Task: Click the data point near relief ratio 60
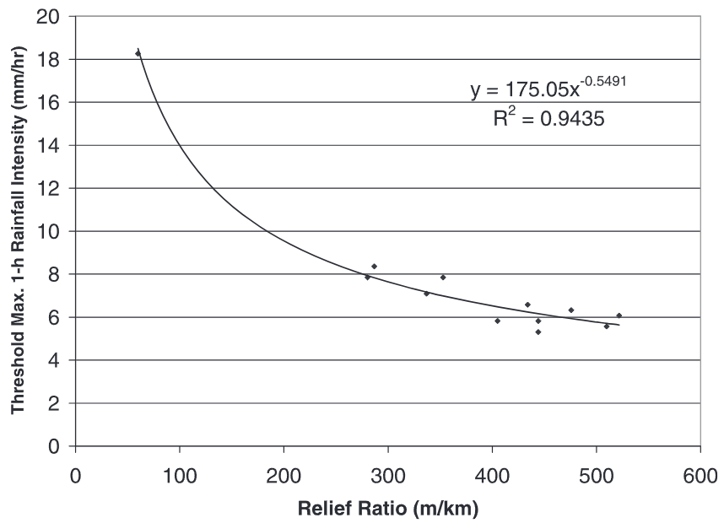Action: coord(138,53)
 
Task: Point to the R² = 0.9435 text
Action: coord(548,120)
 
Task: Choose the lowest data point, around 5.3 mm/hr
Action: coord(538,332)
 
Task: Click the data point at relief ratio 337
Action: coord(426,294)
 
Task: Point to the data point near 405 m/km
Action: coord(497,321)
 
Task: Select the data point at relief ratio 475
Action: coord(570,310)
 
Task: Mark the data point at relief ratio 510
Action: coord(606,326)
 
